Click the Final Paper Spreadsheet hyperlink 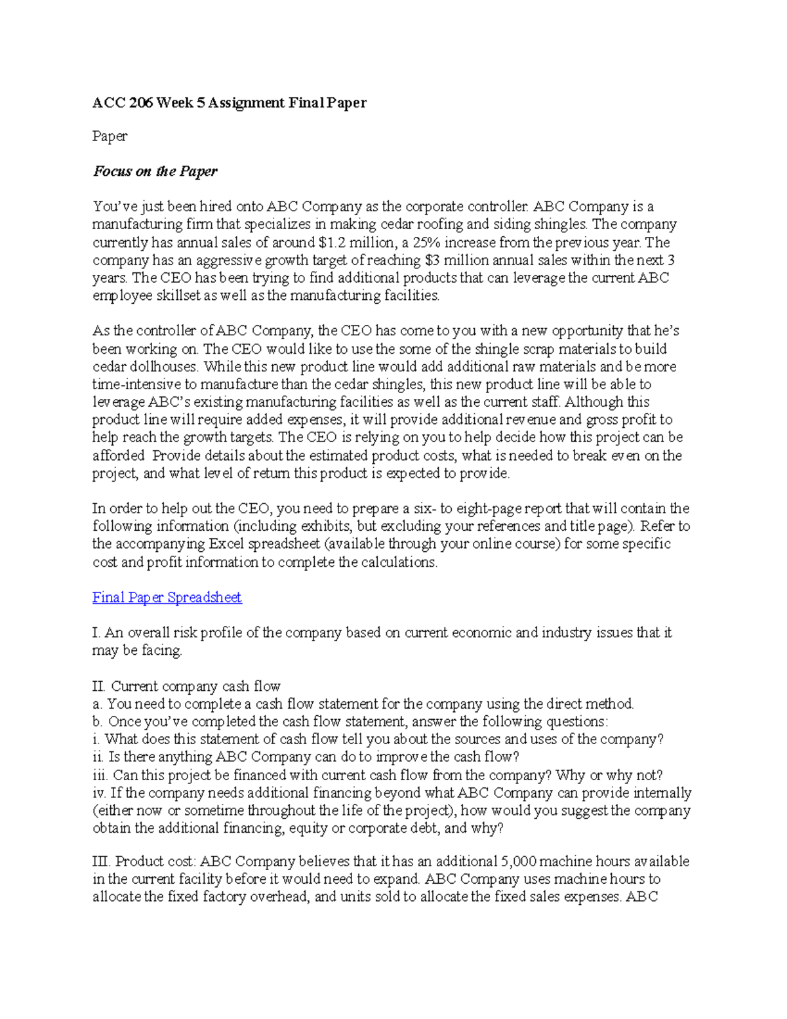click(x=167, y=597)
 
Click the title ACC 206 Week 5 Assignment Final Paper click(x=229, y=102)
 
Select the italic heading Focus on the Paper click(x=155, y=171)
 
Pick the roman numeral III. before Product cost click(x=102, y=861)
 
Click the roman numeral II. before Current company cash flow click(x=99, y=686)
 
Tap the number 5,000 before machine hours click(x=518, y=861)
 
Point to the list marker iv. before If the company click(x=99, y=793)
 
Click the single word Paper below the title click(x=110, y=136)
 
